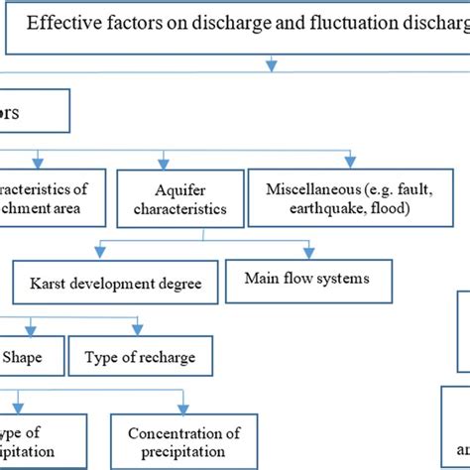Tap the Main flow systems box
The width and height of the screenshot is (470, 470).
pyautogui.click(x=306, y=279)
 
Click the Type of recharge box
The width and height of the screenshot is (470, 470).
pyautogui.click(x=140, y=357)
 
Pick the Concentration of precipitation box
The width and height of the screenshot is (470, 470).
pyautogui.click(x=183, y=441)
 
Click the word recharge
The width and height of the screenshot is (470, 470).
pyautogui.click(x=170, y=357)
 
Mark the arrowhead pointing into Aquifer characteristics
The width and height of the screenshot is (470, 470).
pyautogui.click(x=162, y=162)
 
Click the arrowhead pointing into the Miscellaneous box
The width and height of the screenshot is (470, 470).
pyautogui.click(x=349, y=160)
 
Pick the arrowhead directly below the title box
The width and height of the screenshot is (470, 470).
pyautogui.click(x=271, y=66)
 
